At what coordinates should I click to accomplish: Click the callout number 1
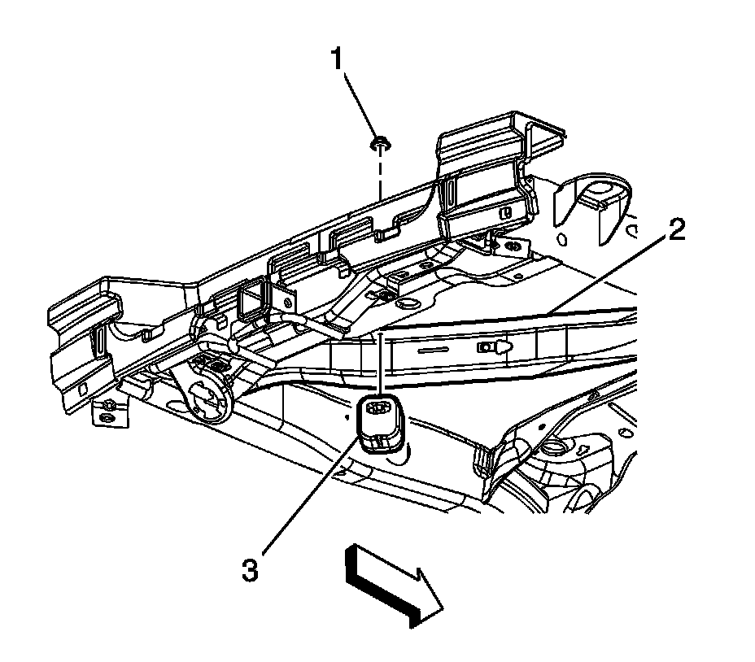pyautogui.click(x=336, y=59)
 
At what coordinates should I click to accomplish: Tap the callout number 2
pyautogui.click(x=676, y=229)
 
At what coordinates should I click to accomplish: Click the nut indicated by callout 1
pyautogui.click(x=380, y=142)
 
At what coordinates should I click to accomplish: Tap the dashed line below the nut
pyautogui.click(x=381, y=173)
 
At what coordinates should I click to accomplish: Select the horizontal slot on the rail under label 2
pyautogui.click(x=433, y=350)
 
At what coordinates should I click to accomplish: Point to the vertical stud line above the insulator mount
pyautogui.click(x=380, y=362)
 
